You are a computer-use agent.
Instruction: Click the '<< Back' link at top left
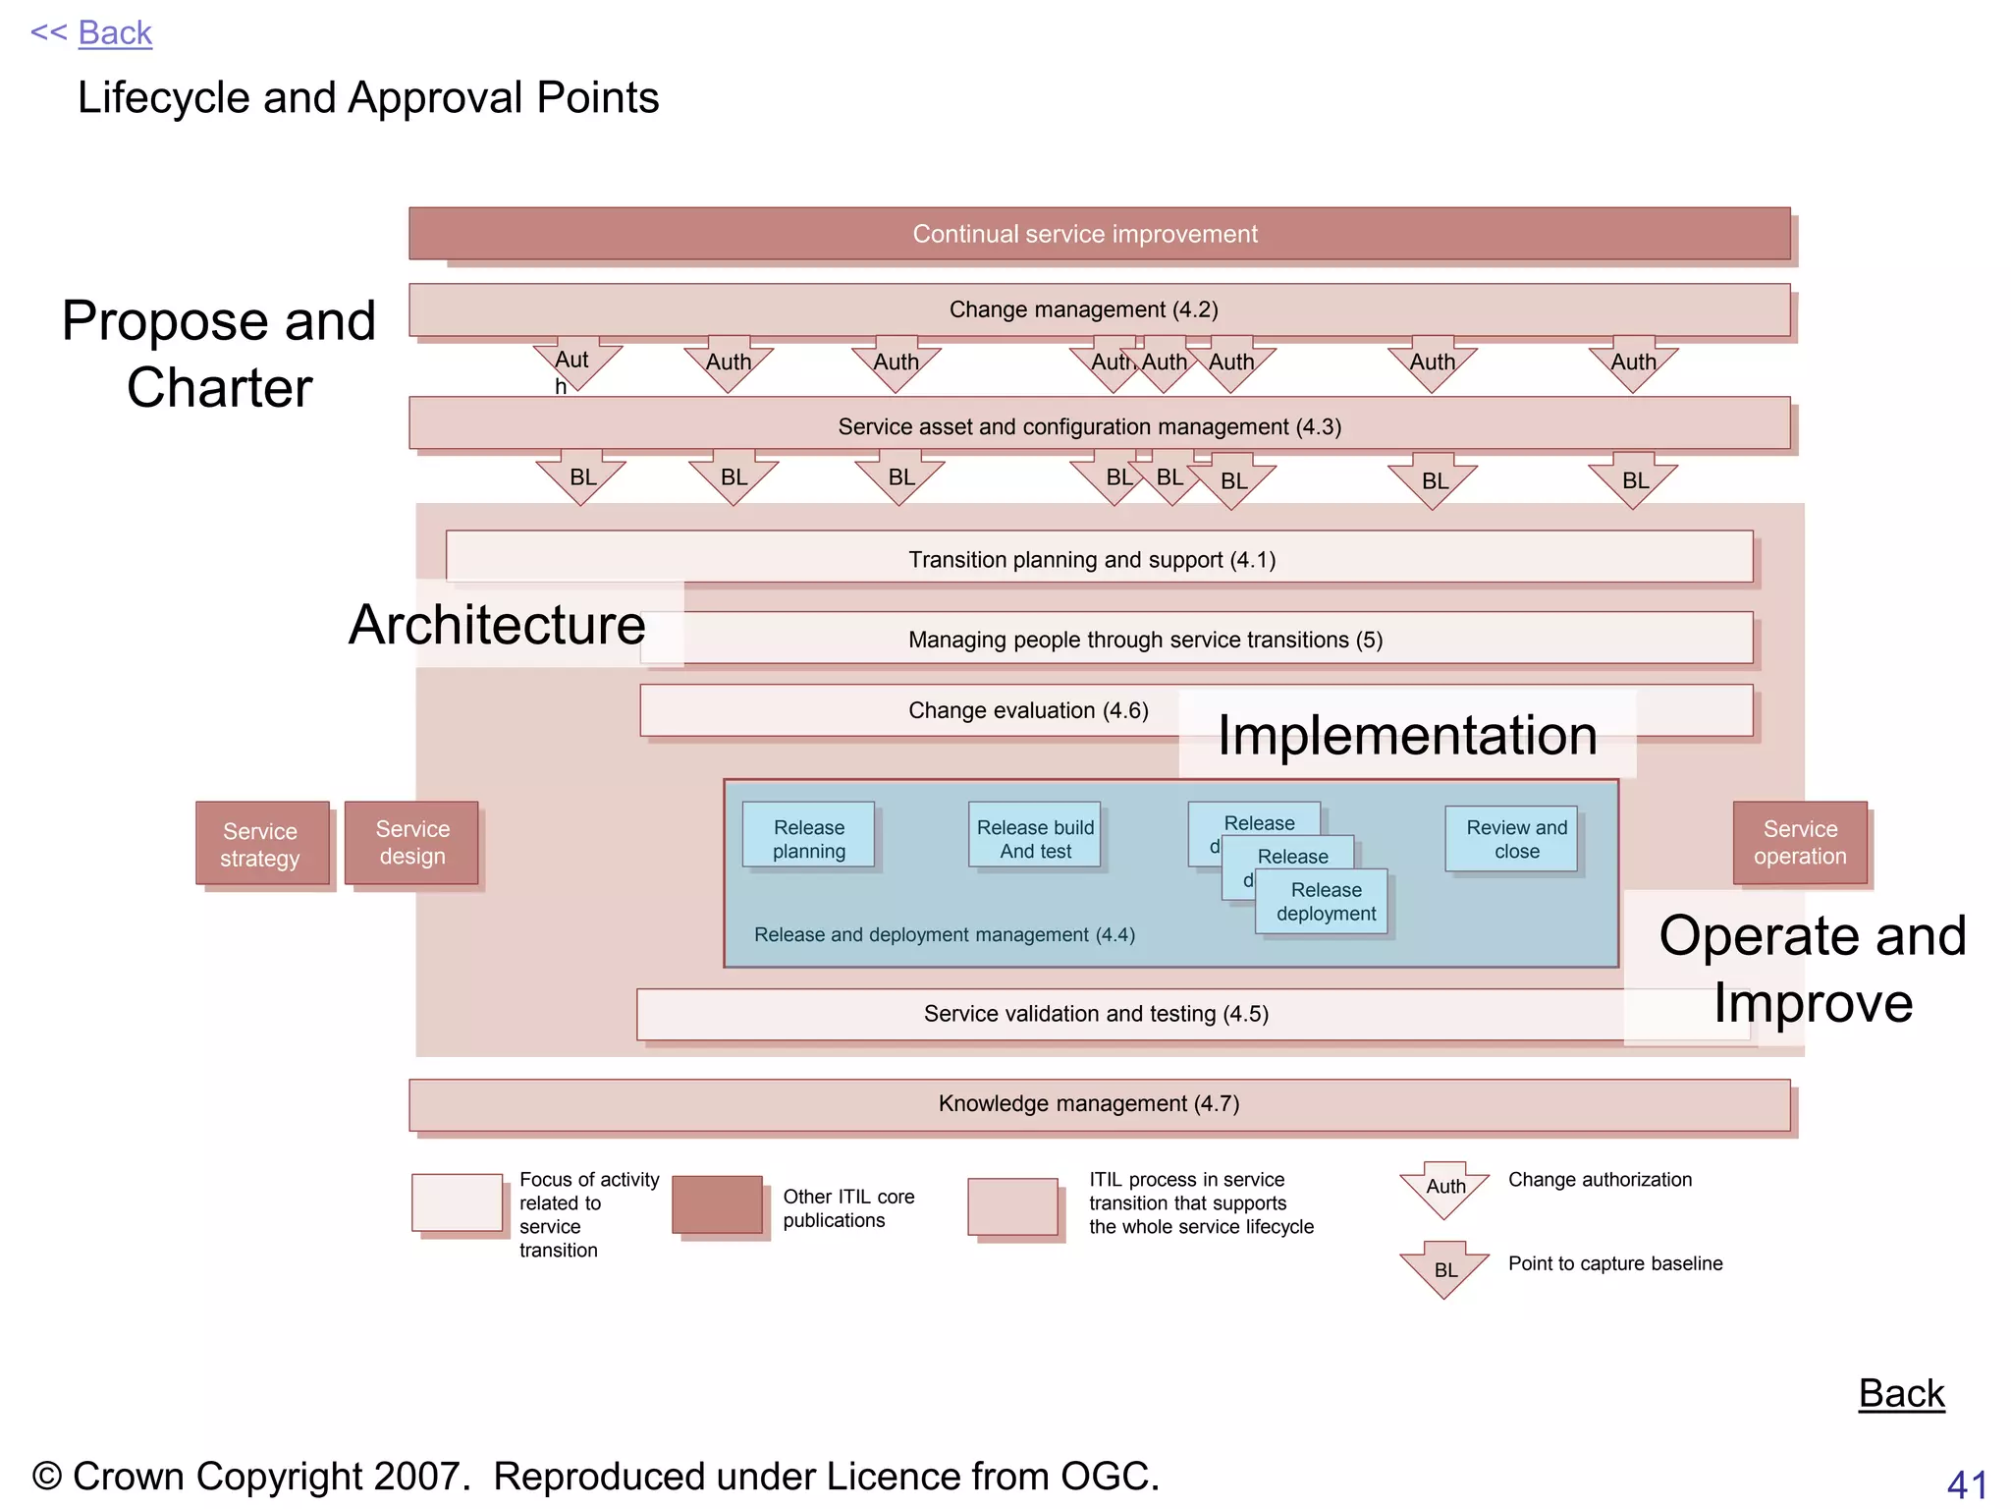(x=91, y=33)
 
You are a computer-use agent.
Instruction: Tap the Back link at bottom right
(x=1900, y=1393)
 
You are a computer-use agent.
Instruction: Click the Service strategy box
(x=261, y=844)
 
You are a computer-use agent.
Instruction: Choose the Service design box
(x=411, y=843)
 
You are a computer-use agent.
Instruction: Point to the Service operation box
(x=1799, y=843)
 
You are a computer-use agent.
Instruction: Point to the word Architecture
(x=497, y=626)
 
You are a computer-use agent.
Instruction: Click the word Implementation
(x=1406, y=736)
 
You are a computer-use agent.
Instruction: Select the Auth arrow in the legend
(x=1444, y=1189)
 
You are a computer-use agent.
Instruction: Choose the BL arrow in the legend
(x=1444, y=1269)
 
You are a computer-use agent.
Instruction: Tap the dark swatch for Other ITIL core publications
(x=717, y=1204)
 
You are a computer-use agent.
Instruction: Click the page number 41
(x=1966, y=1484)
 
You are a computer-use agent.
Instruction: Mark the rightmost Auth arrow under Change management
(x=1632, y=363)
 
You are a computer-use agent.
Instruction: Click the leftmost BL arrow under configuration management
(x=581, y=477)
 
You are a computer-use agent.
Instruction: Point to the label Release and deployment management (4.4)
(x=944, y=935)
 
